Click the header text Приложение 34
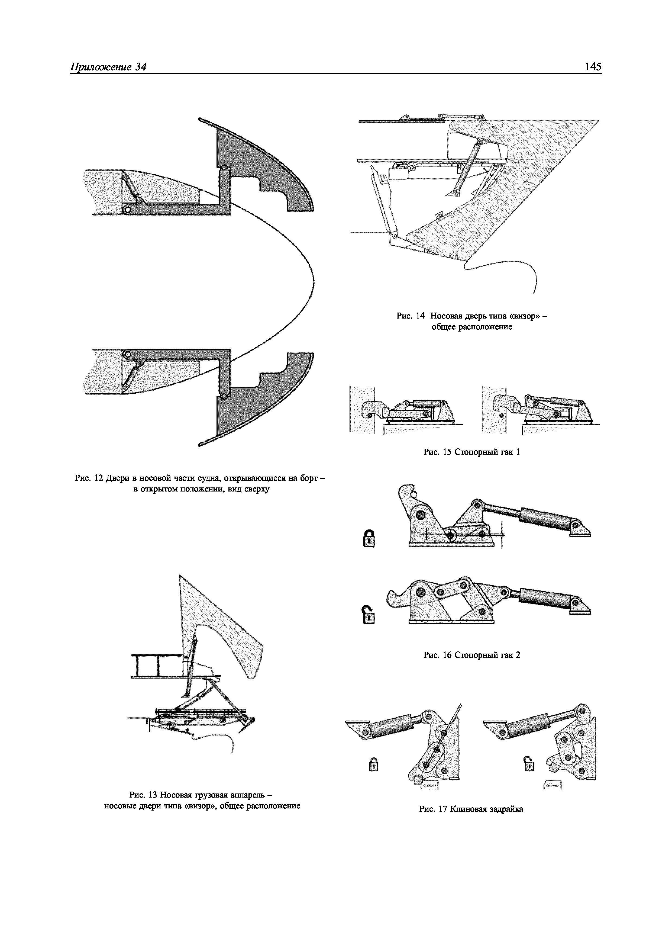[108, 67]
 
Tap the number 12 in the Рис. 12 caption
[99, 478]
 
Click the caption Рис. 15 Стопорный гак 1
[471, 452]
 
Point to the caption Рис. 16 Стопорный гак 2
[471, 655]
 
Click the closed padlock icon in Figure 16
[369, 538]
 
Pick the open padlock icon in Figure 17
[529, 763]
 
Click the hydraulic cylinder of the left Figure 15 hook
[427, 403]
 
